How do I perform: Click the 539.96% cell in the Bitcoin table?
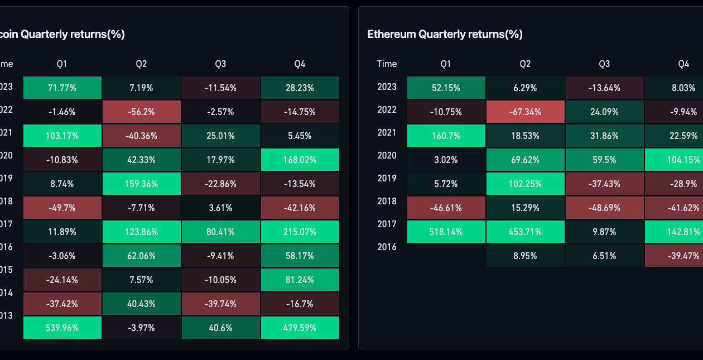tap(62, 328)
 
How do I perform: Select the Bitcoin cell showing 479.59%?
tap(300, 328)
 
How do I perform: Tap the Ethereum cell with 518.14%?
tap(446, 232)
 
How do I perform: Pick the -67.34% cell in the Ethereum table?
tap(525, 112)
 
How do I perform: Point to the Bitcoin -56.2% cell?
tap(141, 112)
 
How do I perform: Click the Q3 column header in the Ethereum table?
tap(604, 64)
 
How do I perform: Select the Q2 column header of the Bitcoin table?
tap(141, 64)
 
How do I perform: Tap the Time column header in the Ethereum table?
tap(387, 64)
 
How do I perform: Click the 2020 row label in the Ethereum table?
tap(387, 155)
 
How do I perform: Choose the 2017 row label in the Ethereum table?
tap(387, 224)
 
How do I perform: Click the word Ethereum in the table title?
tap(392, 34)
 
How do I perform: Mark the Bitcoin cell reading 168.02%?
tap(300, 160)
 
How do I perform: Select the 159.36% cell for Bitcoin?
tap(141, 184)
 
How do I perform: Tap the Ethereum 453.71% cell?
tap(525, 232)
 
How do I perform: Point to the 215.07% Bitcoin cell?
tap(300, 232)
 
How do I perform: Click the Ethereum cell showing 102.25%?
tap(525, 184)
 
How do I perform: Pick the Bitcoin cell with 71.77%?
tap(62, 88)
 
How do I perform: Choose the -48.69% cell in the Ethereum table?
tap(604, 208)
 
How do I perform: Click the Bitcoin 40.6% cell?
tap(221, 328)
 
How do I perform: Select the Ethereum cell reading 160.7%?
tap(446, 136)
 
